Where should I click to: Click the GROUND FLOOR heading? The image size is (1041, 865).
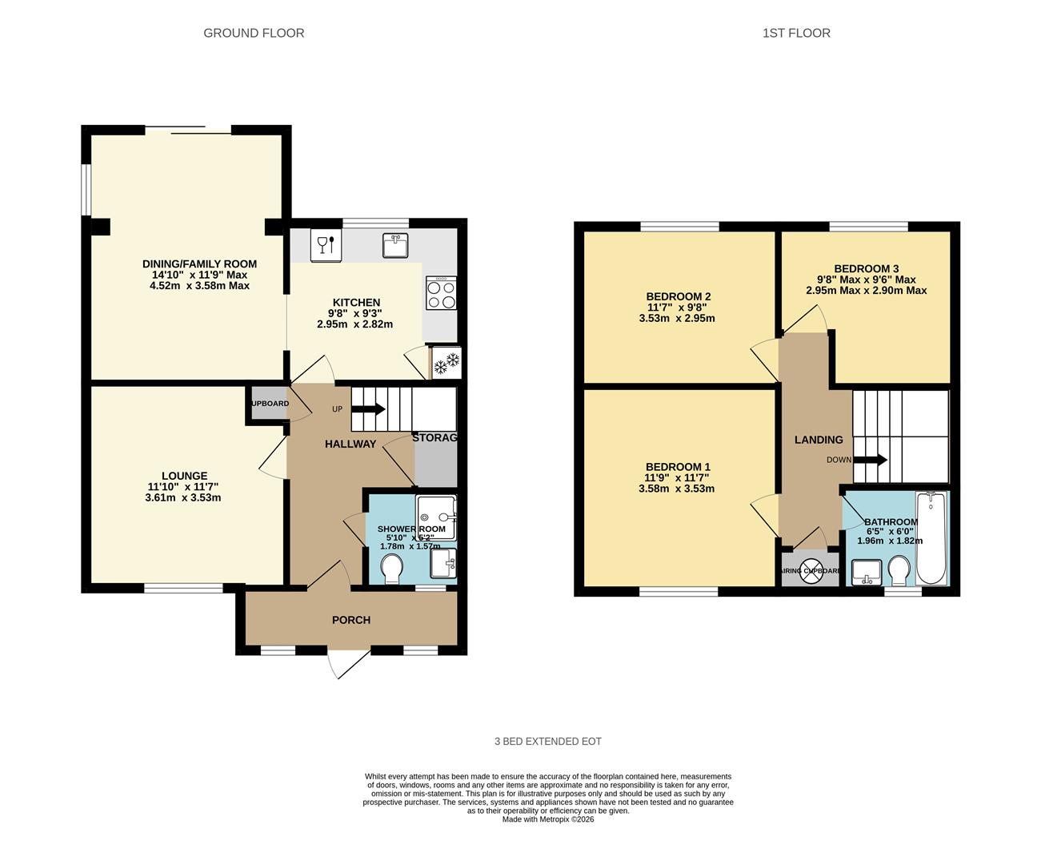coord(254,33)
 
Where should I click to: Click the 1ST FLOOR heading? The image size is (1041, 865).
coord(796,33)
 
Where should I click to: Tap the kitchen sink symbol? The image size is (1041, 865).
coord(395,245)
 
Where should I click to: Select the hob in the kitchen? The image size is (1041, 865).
coord(441,293)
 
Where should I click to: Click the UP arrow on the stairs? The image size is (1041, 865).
coord(368,409)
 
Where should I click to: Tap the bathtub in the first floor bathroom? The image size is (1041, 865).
coord(931,539)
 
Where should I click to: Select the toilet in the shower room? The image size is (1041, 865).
coord(392,570)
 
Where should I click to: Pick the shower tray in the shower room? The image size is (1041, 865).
coord(436,517)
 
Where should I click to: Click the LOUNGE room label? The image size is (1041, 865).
coord(184,476)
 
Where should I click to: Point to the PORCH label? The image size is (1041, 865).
coord(351,620)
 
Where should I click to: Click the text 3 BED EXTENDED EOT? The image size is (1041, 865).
coord(548,742)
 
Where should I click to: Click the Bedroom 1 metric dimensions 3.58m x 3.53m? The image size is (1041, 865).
coord(677,489)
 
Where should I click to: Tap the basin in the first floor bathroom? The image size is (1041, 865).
coord(866,572)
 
